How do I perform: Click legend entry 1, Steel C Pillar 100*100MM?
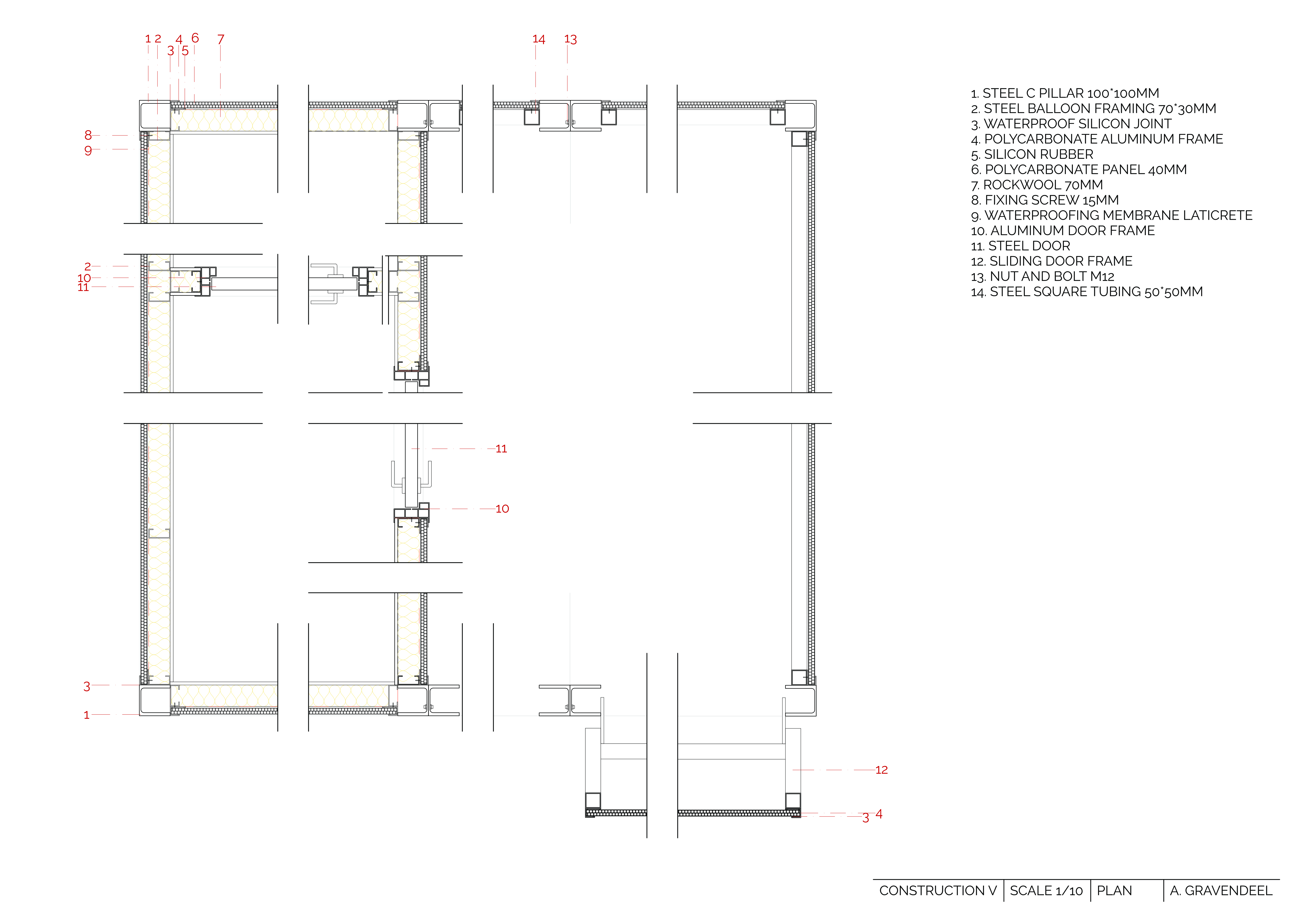click(1065, 93)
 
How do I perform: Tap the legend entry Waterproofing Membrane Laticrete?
click(1111, 216)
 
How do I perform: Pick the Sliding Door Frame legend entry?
click(1051, 261)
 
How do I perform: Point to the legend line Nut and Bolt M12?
click(1042, 276)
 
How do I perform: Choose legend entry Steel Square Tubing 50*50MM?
click(1087, 292)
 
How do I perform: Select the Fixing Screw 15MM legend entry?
click(1044, 200)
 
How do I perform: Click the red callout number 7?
click(221, 39)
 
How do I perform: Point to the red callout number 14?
click(538, 39)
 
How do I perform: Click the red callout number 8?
click(88, 135)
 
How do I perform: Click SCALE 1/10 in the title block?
click(1046, 891)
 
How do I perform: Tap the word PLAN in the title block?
click(1114, 891)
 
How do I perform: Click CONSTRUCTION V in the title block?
click(938, 891)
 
